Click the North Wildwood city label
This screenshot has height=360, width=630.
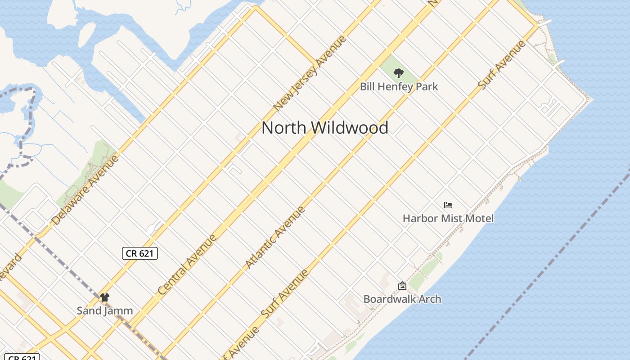tap(325, 128)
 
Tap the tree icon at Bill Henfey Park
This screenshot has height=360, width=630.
tap(398, 73)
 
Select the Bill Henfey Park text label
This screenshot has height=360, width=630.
tap(399, 86)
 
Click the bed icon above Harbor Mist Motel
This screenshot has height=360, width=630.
tap(448, 205)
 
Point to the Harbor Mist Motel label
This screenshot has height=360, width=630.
tap(448, 218)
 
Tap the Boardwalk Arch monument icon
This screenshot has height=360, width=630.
tap(402, 286)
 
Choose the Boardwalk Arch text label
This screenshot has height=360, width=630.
tap(402, 299)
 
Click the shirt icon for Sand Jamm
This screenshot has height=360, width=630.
tap(105, 297)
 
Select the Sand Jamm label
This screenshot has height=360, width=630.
tap(105, 310)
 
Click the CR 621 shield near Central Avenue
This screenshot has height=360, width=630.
tap(140, 253)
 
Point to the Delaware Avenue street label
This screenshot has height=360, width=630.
tap(86, 190)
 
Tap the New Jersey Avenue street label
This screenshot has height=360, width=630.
tap(310, 73)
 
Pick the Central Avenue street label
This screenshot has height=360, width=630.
tap(188, 265)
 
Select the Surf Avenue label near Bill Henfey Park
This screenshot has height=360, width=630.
tap(502, 65)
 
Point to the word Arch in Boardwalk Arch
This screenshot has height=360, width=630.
tap(429, 299)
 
